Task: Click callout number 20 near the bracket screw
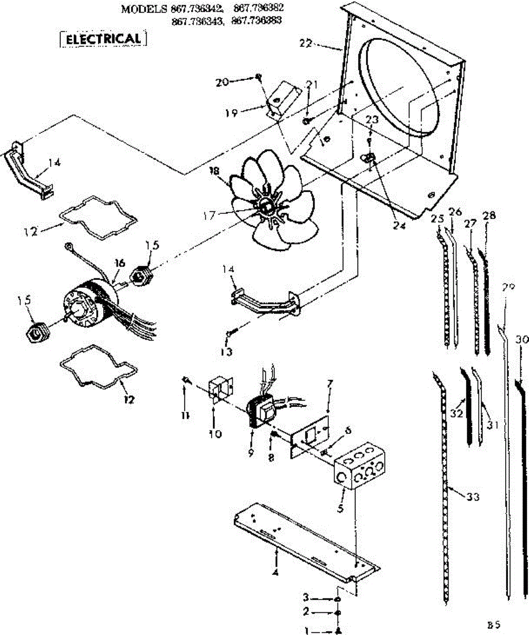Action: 223,82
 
